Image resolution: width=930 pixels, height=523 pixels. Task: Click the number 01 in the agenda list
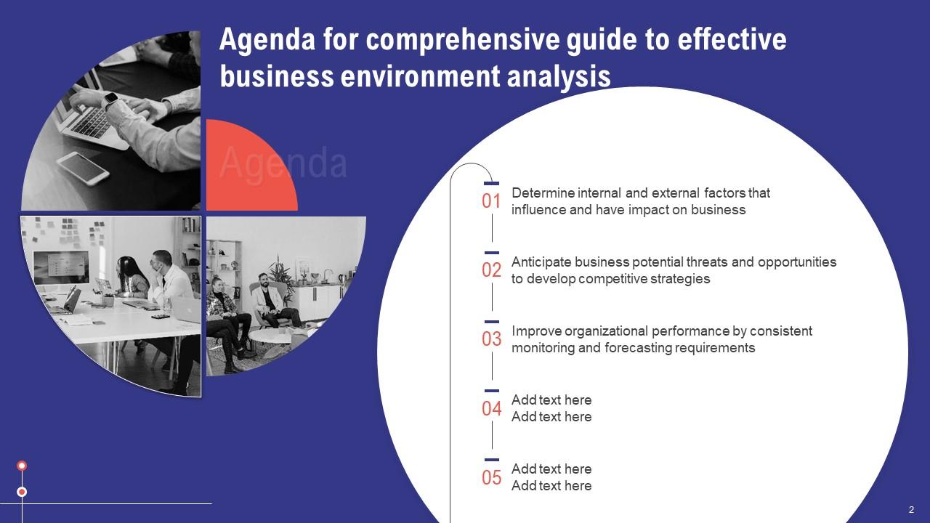[x=492, y=201]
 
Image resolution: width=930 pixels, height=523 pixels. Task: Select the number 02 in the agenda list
[x=492, y=270]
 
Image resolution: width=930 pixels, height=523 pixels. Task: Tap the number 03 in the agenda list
[x=492, y=339]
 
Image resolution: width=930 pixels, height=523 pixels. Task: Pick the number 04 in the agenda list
[x=492, y=409]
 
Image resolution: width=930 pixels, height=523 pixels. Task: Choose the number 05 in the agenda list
[x=492, y=477]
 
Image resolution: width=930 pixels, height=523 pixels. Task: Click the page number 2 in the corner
[x=911, y=509]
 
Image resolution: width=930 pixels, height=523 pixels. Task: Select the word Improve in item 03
[x=536, y=331]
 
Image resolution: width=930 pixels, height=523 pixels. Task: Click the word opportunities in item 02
[x=797, y=262]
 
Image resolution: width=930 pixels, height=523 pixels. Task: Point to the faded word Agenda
[x=283, y=163]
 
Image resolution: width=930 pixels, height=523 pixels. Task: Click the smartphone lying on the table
[x=82, y=168]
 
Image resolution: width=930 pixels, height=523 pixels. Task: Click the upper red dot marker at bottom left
[x=22, y=466]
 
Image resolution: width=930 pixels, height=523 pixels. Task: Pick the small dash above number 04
[x=492, y=391]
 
